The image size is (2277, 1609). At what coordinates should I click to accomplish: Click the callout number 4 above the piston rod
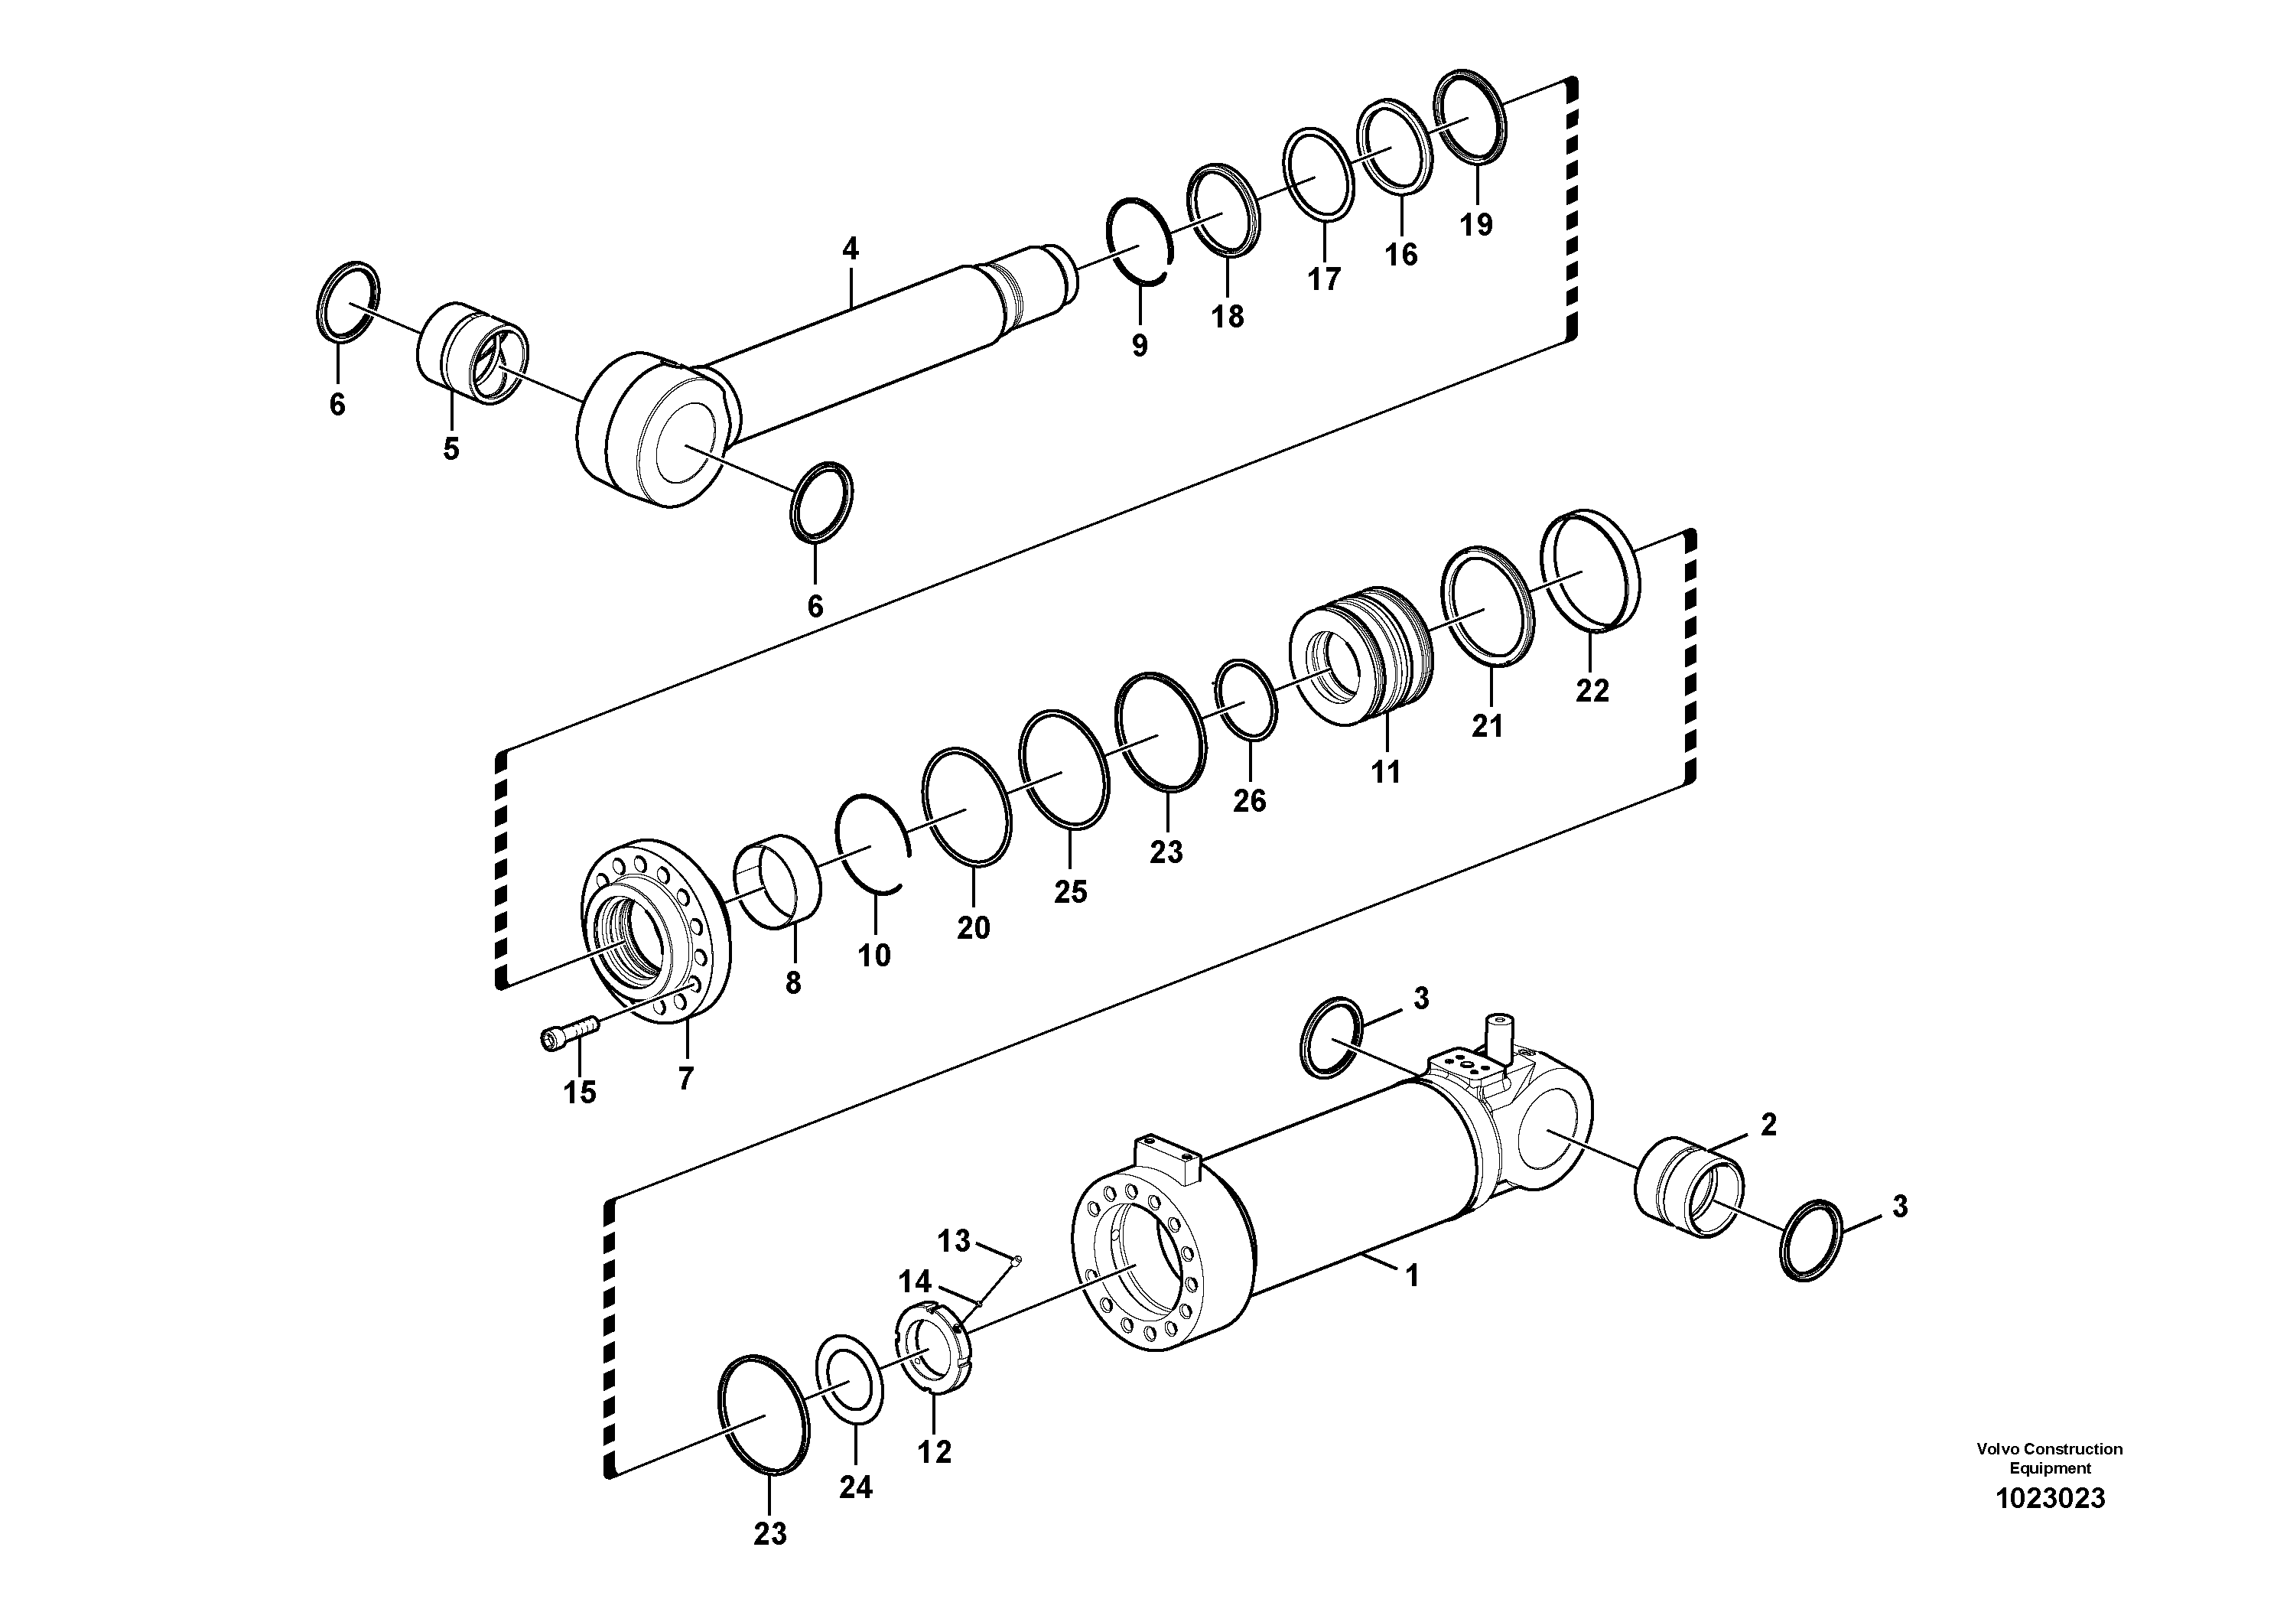tap(850, 249)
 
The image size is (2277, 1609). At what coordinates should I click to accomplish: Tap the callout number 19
tap(1475, 225)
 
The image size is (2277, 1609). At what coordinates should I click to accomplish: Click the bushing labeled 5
tap(470, 353)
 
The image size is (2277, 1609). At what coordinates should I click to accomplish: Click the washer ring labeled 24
tap(850, 1379)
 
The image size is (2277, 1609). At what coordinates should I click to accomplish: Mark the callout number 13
tap(953, 1240)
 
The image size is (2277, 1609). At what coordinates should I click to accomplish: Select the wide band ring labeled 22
tap(1589, 572)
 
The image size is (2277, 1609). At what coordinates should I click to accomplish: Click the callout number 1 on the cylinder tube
tap(1412, 1275)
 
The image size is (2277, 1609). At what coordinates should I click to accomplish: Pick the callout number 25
tap(1070, 892)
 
